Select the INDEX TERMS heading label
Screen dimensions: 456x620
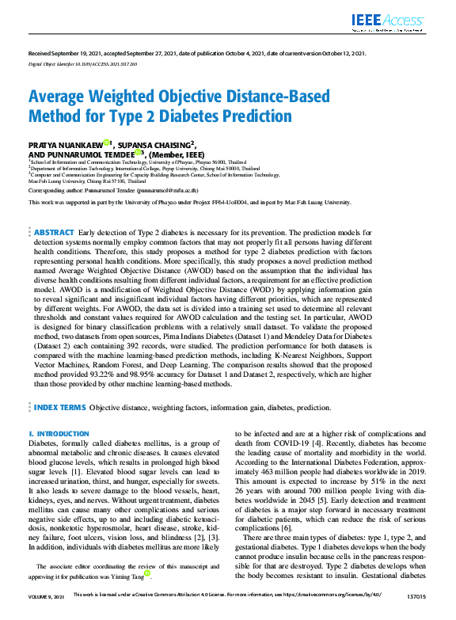60,408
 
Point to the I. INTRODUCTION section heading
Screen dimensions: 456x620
59,434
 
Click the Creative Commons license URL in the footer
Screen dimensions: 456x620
330,614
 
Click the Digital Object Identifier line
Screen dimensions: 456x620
77,63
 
